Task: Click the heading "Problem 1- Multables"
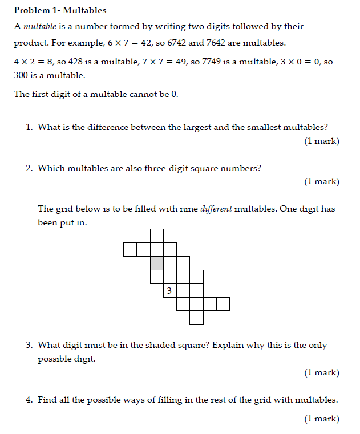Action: point(60,10)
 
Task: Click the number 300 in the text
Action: point(21,75)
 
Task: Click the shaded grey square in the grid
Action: point(156,263)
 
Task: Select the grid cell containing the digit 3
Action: point(169,291)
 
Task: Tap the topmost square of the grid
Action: point(156,236)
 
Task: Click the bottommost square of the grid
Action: point(196,318)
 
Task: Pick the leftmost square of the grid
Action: point(130,249)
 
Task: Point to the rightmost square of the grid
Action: point(223,304)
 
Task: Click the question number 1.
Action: point(29,127)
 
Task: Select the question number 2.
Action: point(29,168)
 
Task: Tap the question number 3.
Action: point(29,345)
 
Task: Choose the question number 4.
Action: point(29,400)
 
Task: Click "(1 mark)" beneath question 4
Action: point(322,419)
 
